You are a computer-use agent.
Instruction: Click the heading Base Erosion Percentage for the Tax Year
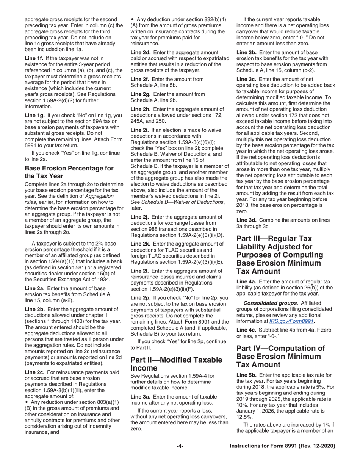coord(69,172)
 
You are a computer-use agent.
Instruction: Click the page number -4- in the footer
coord(180,446)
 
